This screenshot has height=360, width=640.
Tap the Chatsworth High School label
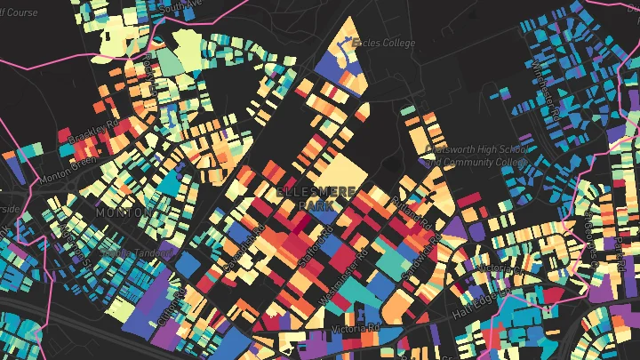point(470,149)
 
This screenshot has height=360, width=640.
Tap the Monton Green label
point(68,171)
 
